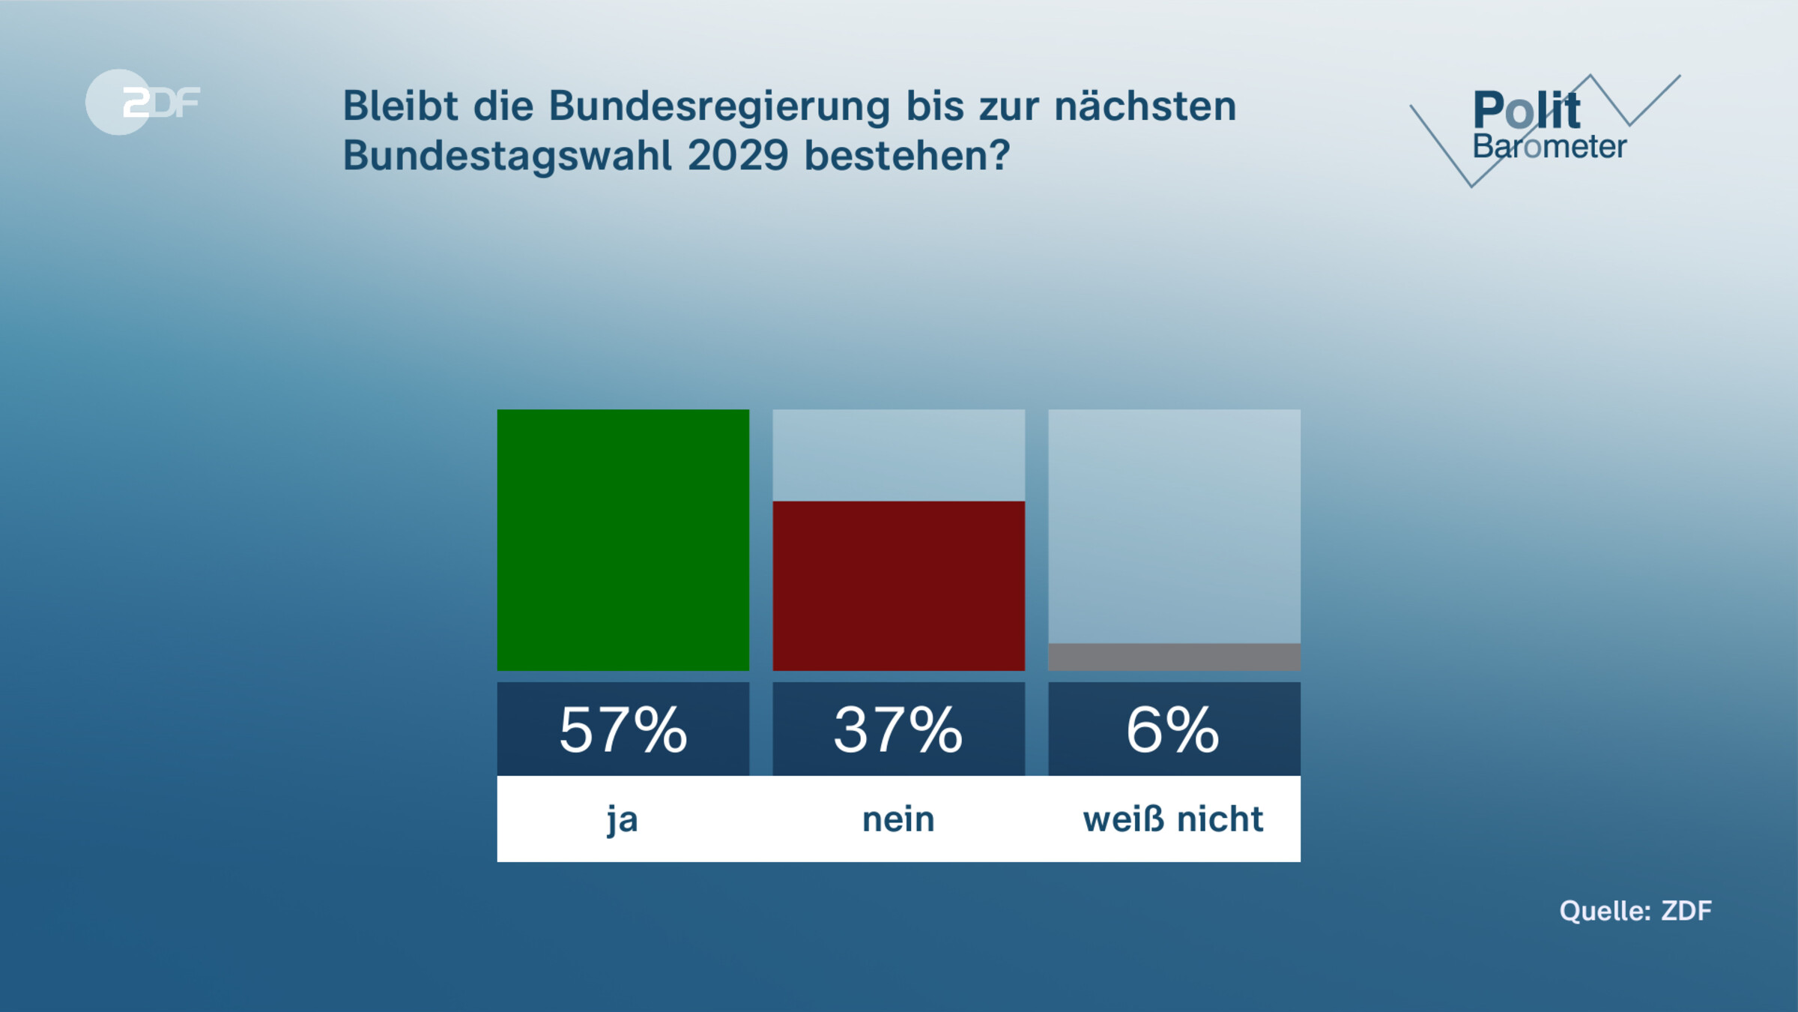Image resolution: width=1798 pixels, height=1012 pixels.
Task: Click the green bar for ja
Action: (x=623, y=540)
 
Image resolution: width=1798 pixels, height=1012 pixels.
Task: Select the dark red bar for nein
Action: (x=898, y=585)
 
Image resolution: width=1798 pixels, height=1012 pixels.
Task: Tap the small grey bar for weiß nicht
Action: (x=1174, y=657)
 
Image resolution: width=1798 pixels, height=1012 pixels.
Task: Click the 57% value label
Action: (x=623, y=729)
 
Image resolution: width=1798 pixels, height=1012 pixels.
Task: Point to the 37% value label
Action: (x=898, y=729)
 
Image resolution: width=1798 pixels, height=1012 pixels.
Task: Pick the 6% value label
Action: (x=1173, y=729)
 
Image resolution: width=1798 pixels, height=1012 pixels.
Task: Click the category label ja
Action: (x=623, y=819)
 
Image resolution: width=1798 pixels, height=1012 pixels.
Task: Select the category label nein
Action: (x=898, y=819)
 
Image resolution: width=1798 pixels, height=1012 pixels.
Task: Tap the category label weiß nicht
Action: (x=1173, y=819)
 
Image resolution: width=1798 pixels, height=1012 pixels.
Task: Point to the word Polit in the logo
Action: (x=1526, y=110)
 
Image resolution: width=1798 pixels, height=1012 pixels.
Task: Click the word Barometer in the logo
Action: (x=1549, y=147)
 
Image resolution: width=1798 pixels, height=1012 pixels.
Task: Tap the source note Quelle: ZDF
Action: (x=1635, y=911)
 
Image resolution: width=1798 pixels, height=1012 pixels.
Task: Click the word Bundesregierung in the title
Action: (x=719, y=106)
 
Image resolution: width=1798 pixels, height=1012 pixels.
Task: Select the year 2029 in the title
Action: (x=738, y=156)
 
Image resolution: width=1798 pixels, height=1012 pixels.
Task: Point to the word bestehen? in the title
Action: (x=907, y=156)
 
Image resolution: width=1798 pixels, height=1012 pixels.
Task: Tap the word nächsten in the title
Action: (x=1145, y=106)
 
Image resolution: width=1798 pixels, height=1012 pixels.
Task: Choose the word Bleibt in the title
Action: (x=400, y=106)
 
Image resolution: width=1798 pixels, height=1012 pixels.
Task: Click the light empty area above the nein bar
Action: (x=898, y=455)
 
